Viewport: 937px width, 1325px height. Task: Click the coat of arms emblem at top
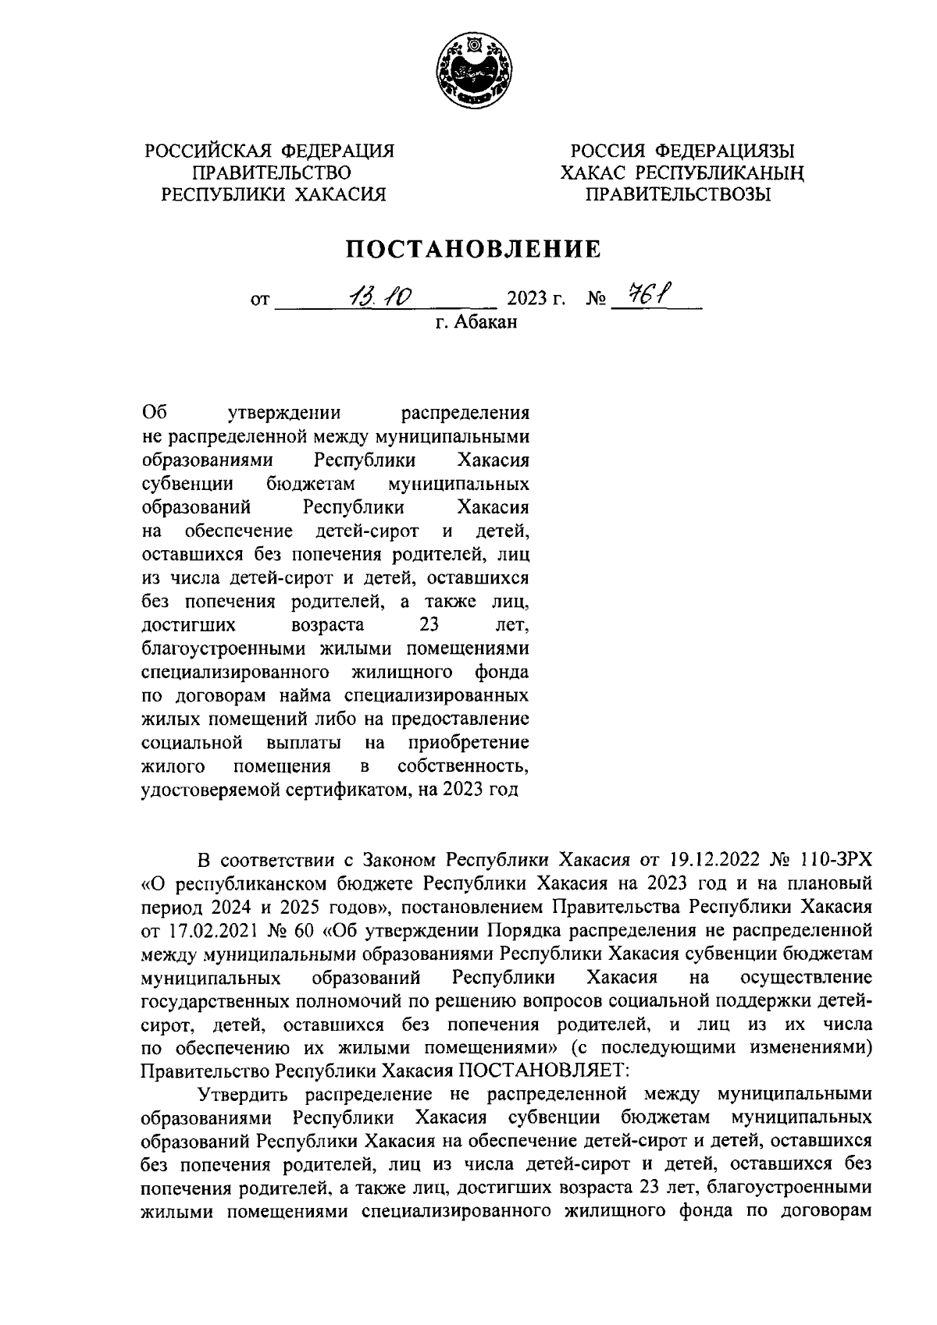(469, 74)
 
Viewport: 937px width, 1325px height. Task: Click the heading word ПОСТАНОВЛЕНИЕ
(474, 249)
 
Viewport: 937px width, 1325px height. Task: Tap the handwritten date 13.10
(382, 297)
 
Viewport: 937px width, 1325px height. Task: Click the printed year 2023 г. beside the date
(536, 300)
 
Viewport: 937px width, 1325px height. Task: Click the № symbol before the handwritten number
(596, 300)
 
